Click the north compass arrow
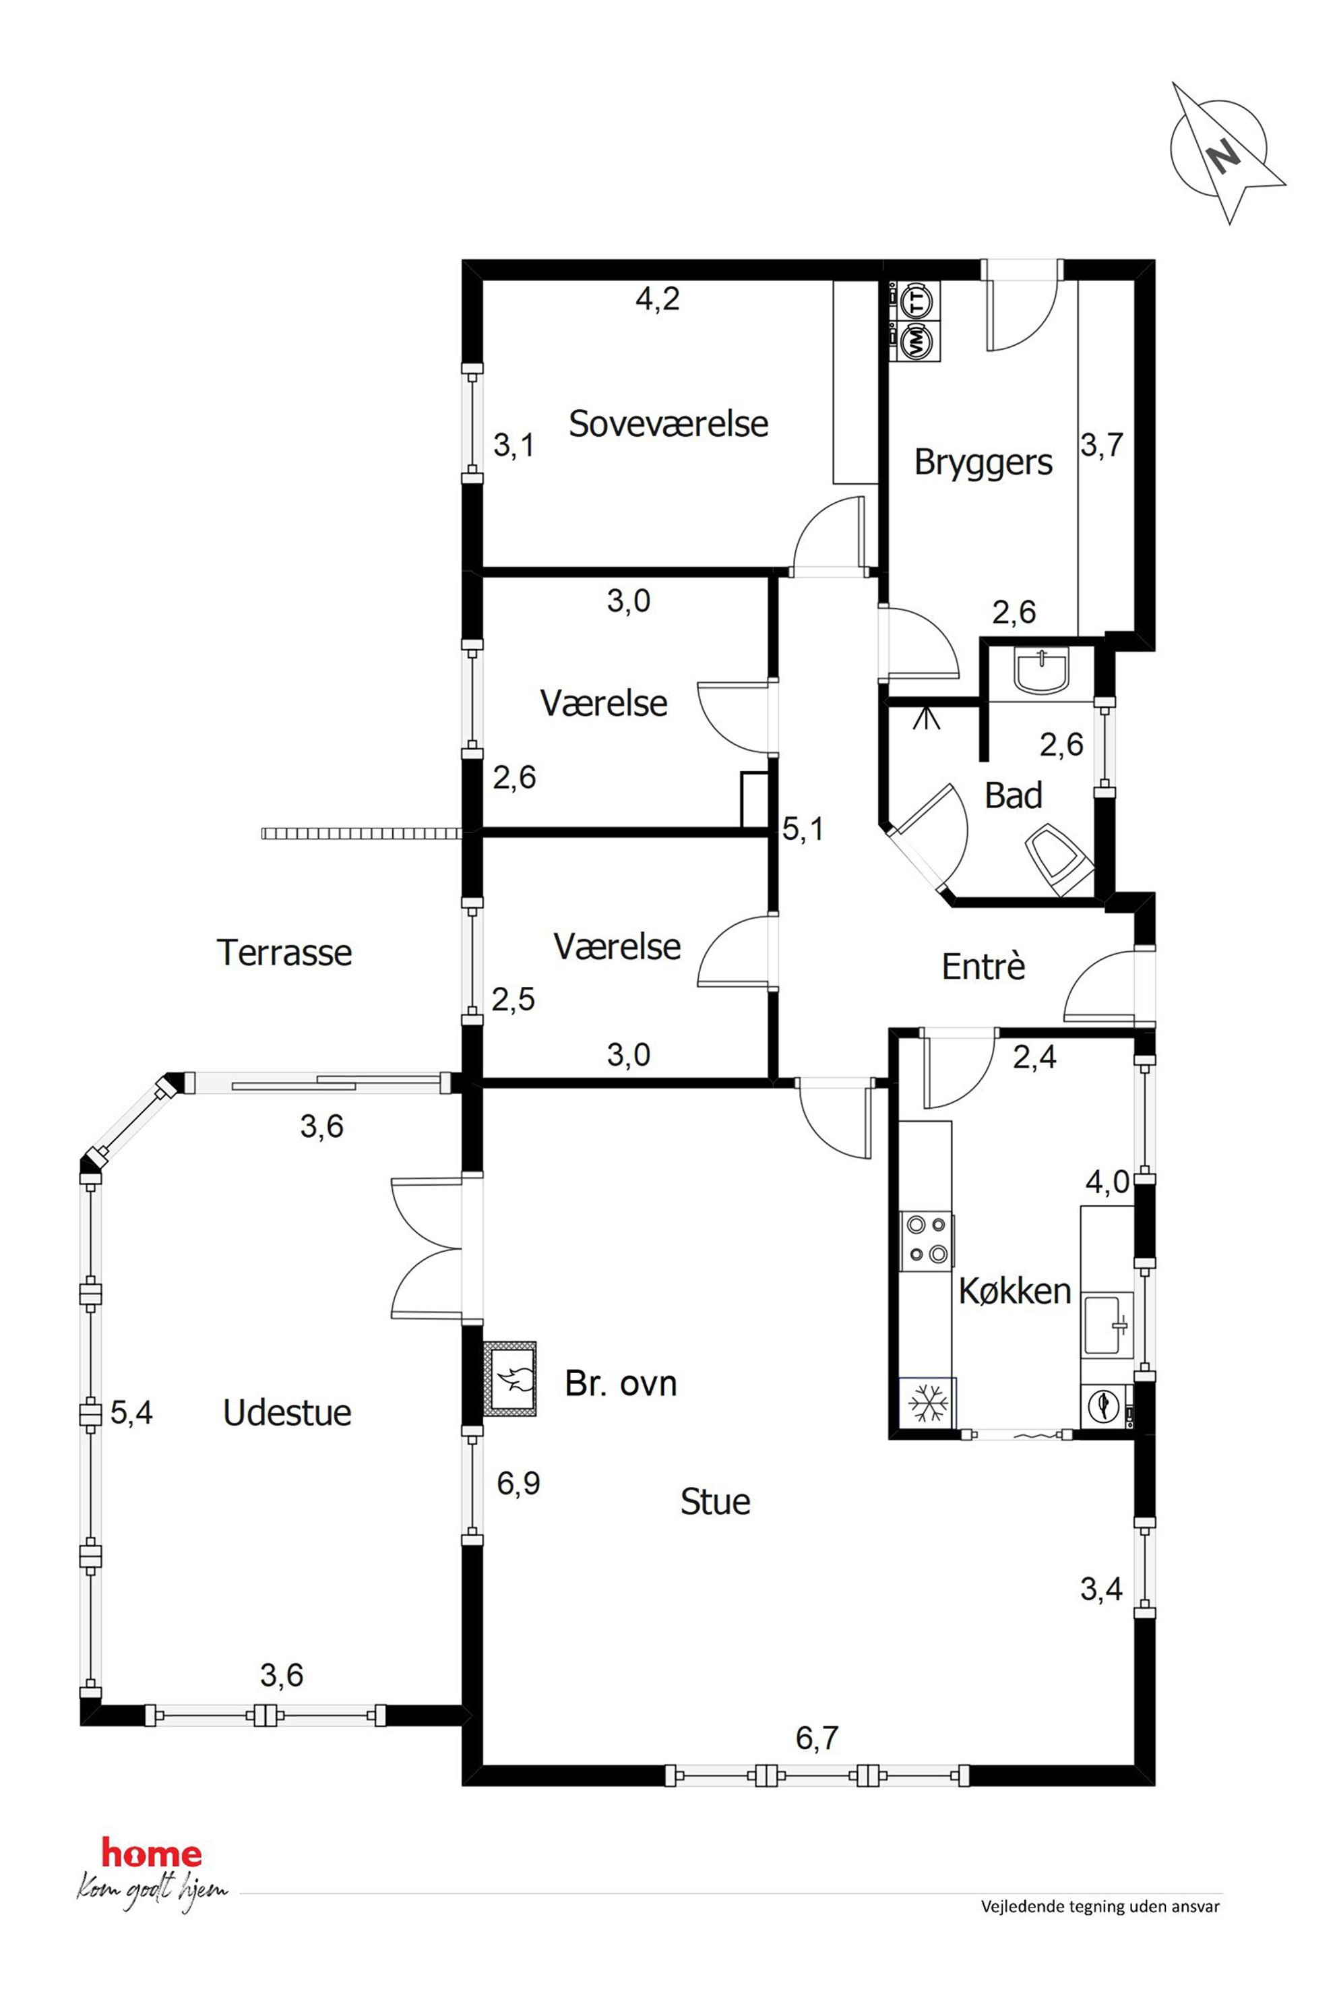tap(1228, 154)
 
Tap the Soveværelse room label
tap(668, 424)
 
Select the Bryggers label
tap(983, 463)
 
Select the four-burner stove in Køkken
tap(927, 1240)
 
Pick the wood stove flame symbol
tap(512, 1379)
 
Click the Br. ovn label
tap(621, 1383)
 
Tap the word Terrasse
tap(284, 952)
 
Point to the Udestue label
tap(286, 1414)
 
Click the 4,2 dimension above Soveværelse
tap(658, 299)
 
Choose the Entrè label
tap(983, 967)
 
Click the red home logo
tap(152, 1852)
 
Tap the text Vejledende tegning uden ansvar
tap(1100, 1907)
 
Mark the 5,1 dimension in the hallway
tap(803, 828)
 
